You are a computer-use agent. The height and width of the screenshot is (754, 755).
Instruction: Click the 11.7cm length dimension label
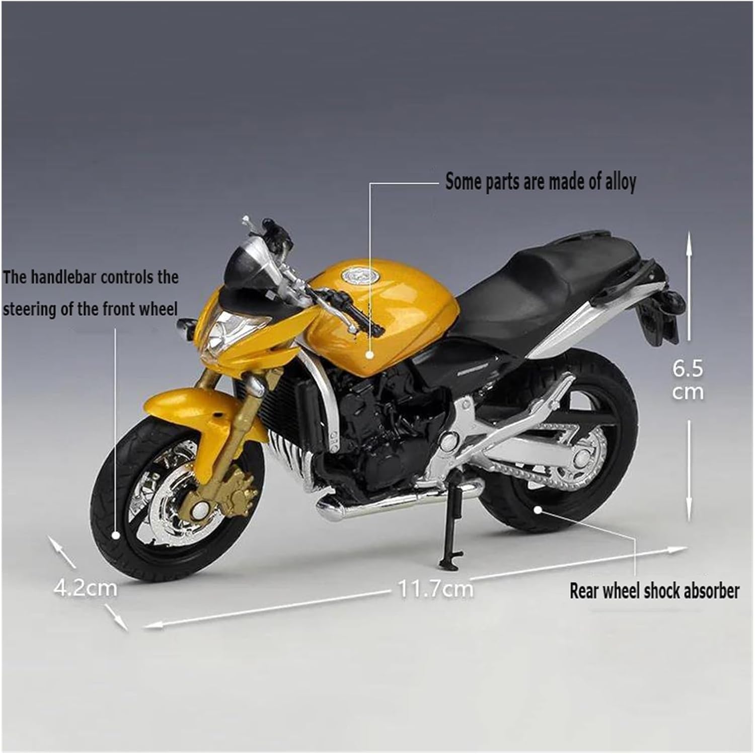click(x=436, y=588)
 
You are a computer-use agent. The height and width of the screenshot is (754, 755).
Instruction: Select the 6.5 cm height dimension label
click(x=688, y=380)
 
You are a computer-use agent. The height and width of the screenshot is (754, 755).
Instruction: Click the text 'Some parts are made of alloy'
click(x=541, y=182)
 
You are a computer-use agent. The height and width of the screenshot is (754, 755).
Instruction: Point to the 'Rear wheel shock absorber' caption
click(x=654, y=591)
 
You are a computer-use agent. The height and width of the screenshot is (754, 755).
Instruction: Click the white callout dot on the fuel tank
click(x=370, y=354)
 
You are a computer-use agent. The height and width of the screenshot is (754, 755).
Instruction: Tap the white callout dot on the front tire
click(x=116, y=536)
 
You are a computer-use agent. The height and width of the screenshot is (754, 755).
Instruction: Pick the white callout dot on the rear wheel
click(x=538, y=509)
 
